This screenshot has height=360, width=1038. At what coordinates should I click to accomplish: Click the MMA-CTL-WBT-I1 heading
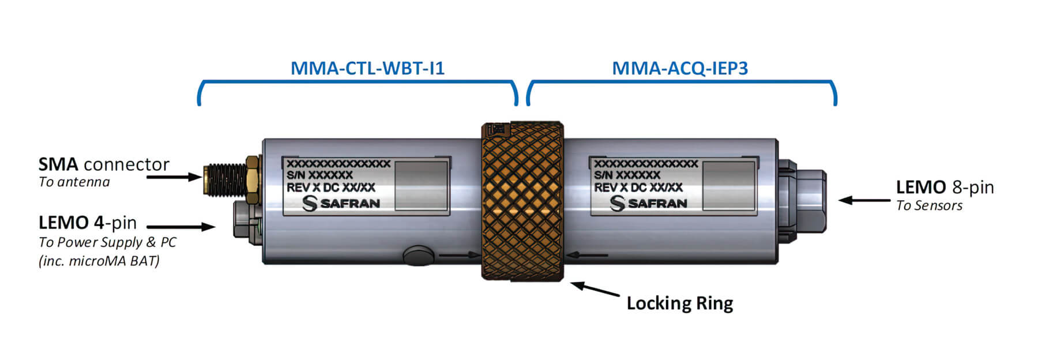tap(367, 68)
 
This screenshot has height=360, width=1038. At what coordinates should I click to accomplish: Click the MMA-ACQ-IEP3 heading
tap(679, 68)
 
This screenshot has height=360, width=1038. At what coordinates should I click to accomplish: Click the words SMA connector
tap(104, 164)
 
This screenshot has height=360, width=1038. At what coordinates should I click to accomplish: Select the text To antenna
tap(74, 182)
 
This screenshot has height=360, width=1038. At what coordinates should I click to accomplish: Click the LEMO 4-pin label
tap(88, 223)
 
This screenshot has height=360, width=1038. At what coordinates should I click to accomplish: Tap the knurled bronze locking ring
tap(522, 202)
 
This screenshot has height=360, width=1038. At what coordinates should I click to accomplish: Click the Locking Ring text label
tap(679, 303)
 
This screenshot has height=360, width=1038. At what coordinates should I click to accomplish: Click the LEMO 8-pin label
tap(945, 187)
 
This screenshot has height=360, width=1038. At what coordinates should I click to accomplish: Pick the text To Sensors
tap(929, 206)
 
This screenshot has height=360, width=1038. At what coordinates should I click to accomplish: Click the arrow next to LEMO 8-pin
tap(864, 200)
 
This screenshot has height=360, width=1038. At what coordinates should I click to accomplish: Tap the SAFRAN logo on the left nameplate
tap(341, 203)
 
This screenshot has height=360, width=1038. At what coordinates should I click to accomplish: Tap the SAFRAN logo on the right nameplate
tap(649, 203)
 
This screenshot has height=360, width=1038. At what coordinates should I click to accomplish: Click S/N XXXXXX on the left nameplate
tap(319, 175)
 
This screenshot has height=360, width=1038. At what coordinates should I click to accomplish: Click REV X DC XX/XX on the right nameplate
tap(638, 187)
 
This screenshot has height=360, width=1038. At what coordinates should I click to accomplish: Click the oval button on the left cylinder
tap(419, 254)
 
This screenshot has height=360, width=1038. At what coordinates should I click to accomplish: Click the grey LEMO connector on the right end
tap(803, 199)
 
